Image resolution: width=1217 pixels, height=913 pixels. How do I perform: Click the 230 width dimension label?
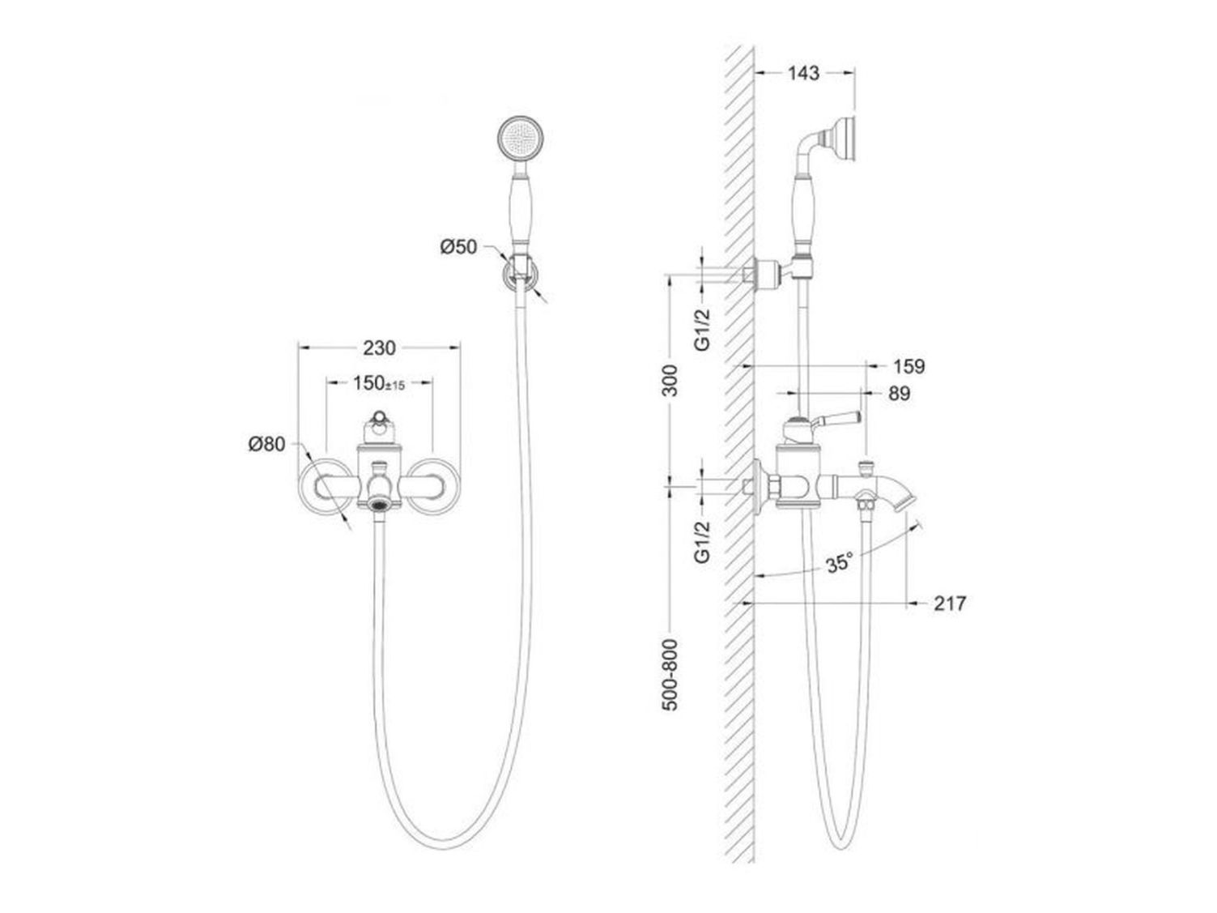point(379,348)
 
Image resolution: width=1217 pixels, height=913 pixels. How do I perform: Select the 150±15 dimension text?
point(379,382)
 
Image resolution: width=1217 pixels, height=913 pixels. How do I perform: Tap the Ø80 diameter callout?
point(266,444)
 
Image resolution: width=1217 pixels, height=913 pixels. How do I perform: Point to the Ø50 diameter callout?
point(458,247)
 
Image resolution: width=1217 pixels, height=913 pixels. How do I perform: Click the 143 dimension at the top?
point(803,73)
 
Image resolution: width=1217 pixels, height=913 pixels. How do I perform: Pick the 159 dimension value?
point(909,366)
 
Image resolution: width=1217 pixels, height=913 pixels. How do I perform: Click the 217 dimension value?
point(950,603)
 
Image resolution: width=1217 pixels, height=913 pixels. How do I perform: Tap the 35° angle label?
point(840,563)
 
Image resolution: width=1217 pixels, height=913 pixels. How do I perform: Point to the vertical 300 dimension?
point(670,381)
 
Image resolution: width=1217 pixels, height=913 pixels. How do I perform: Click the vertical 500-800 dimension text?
point(670,675)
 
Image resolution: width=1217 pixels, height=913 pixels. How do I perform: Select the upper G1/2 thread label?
point(703,330)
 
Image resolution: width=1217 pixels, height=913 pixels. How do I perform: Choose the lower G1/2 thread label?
point(703,542)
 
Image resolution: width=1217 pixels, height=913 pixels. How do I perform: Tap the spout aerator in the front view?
point(380,504)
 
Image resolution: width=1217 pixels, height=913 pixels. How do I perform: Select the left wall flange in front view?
point(325,486)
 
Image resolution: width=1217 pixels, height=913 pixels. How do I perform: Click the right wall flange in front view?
point(434,486)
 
